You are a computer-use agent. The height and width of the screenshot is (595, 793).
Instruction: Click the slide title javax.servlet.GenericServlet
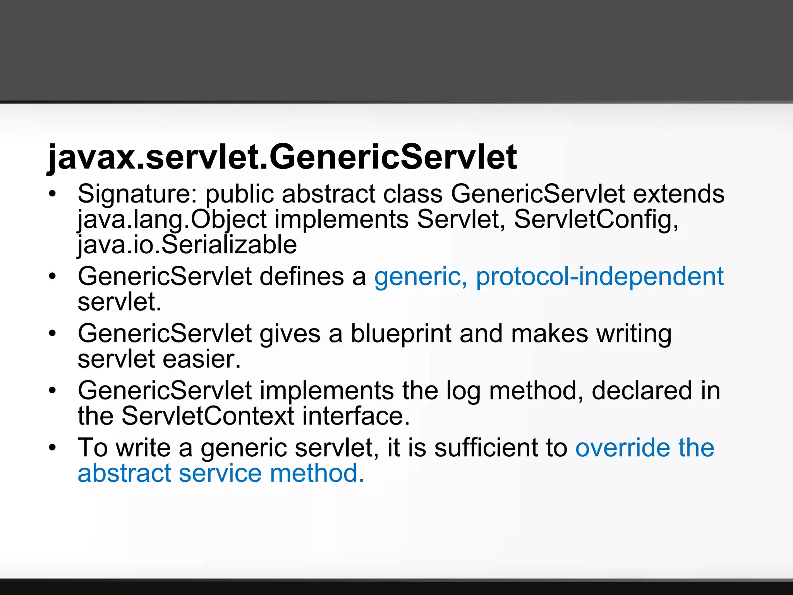[282, 157]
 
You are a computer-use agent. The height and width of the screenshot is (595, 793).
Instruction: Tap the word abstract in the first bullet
[328, 193]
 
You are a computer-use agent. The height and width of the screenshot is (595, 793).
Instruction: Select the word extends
[678, 193]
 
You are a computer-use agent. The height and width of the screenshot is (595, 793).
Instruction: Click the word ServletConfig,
[596, 219]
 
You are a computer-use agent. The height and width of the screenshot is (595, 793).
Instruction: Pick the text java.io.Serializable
[187, 245]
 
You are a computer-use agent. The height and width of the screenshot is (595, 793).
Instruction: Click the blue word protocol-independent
[599, 277]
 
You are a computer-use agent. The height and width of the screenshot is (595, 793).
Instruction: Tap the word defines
[301, 276]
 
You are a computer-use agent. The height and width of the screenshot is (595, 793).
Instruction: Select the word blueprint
[401, 334]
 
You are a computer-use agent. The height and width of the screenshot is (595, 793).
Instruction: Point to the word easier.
[202, 359]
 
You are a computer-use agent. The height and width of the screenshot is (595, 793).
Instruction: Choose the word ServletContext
[208, 416]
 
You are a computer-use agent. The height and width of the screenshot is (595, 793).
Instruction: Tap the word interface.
[355, 416]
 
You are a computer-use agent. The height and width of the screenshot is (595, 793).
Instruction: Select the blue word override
[623, 447]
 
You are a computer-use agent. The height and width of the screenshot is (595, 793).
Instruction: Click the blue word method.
[317, 473]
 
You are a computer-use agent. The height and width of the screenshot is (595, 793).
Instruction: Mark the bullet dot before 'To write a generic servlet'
[53, 448]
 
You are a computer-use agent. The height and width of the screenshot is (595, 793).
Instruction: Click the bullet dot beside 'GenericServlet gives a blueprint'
[53, 334]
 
